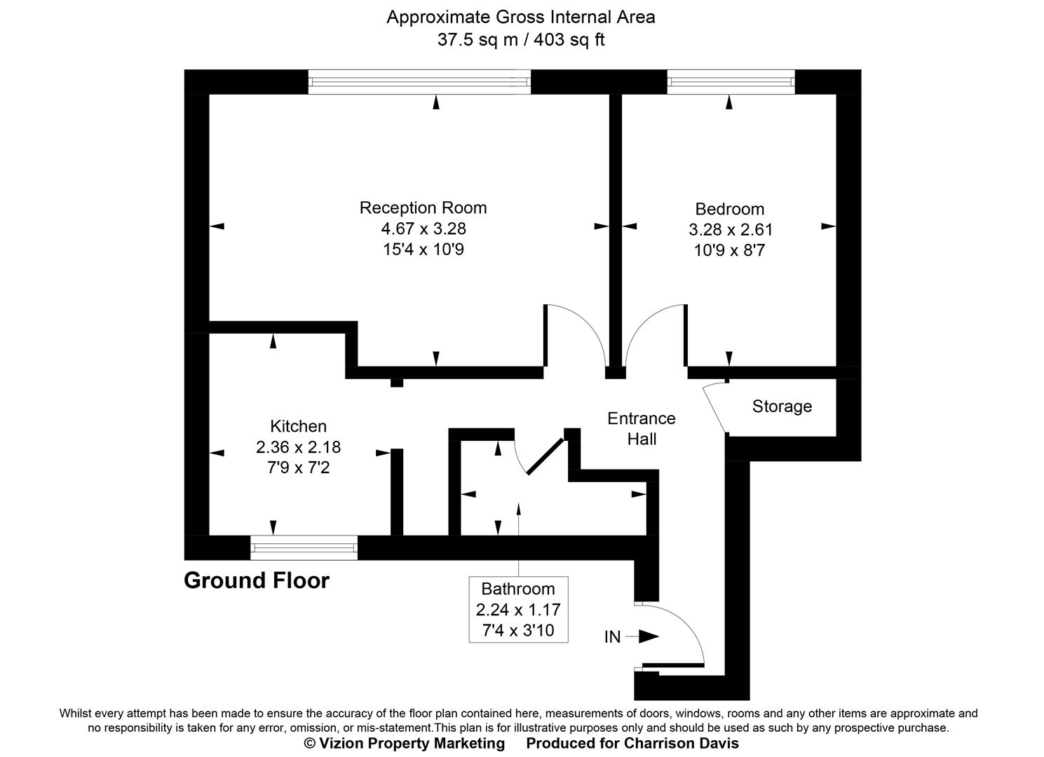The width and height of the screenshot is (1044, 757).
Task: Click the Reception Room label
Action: click(423, 208)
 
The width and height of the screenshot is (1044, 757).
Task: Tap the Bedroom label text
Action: click(729, 209)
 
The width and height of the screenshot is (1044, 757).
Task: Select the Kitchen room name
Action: click(298, 426)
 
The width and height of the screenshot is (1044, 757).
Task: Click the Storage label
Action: click(782, 407)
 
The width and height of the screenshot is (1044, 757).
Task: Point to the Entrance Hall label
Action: click(641, 428)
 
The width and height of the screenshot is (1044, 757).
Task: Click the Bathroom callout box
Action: click(518, 609)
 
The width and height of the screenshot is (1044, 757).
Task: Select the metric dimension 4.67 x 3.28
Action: click(423, 229)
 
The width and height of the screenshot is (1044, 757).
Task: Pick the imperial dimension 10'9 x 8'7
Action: click(729, 250)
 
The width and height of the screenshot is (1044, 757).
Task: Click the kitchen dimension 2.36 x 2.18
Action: click(298, 446)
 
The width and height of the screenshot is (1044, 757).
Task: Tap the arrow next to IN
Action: click(648, 636)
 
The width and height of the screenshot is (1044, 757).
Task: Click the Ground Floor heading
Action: click(256, 580)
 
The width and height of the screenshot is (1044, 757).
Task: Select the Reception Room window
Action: click(419, 82)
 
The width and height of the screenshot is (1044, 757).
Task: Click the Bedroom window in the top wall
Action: click(731, 82)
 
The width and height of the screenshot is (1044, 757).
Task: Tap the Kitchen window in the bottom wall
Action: click(304, 547)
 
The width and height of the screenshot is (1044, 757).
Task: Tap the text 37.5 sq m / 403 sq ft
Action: click(520, 40)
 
